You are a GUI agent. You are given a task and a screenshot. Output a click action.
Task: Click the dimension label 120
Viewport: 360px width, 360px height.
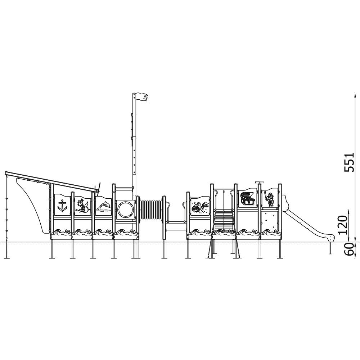coord(343,225)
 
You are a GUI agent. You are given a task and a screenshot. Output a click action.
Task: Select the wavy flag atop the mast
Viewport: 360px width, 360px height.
coord(142,97)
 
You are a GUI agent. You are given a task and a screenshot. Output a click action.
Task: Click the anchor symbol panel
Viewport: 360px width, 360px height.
coord(62,205)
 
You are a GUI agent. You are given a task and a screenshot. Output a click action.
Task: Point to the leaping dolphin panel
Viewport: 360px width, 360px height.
coord(103,205)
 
